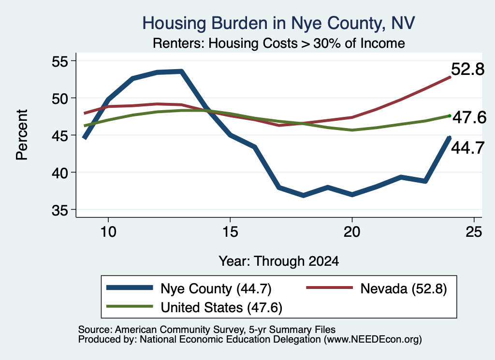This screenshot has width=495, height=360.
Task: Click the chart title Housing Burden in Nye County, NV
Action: pos(278,23)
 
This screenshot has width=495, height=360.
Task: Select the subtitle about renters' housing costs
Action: pos(279,43)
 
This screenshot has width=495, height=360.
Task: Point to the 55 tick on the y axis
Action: pos(60,61)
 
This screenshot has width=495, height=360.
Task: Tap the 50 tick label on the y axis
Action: pos(60,99)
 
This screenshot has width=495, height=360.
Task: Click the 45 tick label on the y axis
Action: pos(60,136)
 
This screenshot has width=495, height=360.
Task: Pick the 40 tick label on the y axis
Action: pos(60,173)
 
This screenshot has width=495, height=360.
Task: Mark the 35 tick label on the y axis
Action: pos(60,210)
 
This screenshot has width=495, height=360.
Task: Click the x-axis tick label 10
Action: pos(108,232)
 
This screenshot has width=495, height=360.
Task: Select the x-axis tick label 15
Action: pos(230,232)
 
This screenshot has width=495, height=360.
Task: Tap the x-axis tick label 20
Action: pos(352,232)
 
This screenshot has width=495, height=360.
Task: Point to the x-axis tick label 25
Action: pos(474,232)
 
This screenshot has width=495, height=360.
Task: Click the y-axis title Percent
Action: pos(22,135)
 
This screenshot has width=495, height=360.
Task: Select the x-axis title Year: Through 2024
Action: pos(279,261)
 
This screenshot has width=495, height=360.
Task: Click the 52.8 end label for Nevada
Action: pos(467,69)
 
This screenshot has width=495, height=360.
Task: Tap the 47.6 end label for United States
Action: pos(469,117)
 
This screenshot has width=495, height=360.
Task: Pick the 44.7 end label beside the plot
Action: pos(467,148)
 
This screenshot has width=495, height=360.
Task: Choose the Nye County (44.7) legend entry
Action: pos(189,288)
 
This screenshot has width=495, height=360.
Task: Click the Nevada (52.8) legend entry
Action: pos(377,288)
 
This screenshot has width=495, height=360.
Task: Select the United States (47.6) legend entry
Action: pos(194,307)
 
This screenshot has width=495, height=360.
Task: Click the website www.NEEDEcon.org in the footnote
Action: pos(373,339)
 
